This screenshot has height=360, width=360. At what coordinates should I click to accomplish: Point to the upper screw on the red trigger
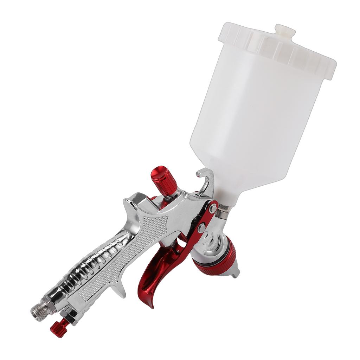(213, 208)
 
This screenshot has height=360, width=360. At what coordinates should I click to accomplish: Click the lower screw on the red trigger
(201, 229)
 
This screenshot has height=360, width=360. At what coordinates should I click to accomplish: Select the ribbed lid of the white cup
(278, 49)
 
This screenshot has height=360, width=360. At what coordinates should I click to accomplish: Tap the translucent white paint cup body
(257, 116)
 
